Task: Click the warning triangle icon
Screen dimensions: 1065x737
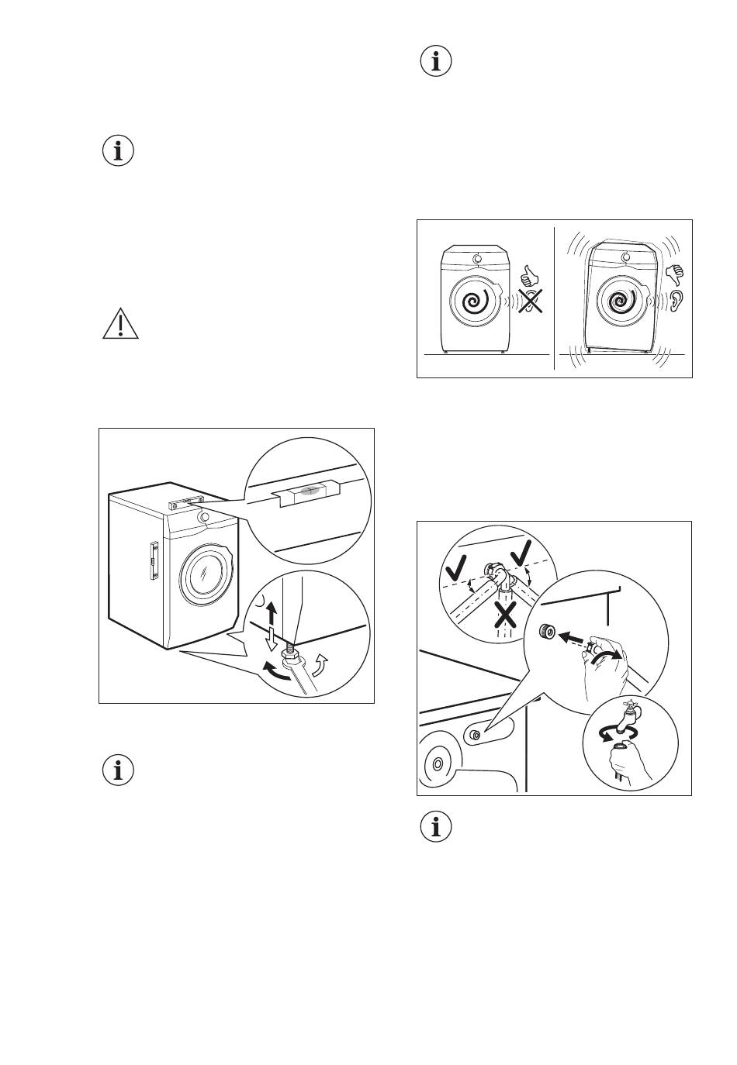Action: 120,324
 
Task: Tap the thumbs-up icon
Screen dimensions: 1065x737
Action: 529,274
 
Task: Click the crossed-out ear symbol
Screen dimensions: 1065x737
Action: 531,301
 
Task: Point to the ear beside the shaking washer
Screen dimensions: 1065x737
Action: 676,300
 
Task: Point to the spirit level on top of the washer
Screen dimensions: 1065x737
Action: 187,502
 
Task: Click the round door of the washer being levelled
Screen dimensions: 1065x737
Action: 206,574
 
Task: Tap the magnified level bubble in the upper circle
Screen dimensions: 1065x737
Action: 308,491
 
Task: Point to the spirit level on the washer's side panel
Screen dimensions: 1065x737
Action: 154,560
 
